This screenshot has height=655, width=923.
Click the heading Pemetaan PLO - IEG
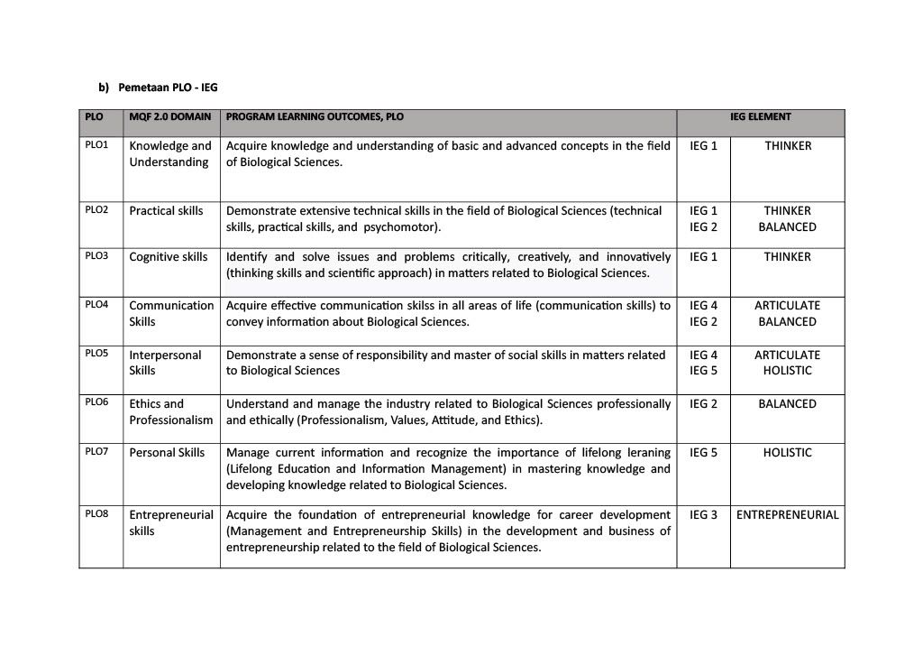[168, 88]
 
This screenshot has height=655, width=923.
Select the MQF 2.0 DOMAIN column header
[170, 116]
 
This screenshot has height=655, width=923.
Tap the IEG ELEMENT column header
[761, 116]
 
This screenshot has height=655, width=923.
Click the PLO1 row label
[96, 144]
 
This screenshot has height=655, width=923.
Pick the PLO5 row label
[96, 353]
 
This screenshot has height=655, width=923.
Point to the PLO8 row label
[96, 513]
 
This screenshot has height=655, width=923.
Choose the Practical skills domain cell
[166, 210]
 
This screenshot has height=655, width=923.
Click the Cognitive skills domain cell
[168, 256]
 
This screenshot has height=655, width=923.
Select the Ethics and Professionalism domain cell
[170, 411]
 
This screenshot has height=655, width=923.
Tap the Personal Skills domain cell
[167, 452]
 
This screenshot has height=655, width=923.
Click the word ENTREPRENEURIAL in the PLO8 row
[787, 514]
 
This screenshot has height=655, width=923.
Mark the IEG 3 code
[703, 514]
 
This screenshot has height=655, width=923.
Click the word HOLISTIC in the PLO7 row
[787, 452]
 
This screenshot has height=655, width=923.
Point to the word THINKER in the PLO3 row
[787, 256]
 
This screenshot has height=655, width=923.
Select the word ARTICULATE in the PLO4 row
[787, 305]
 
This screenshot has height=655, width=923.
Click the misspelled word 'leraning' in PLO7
[647, 452]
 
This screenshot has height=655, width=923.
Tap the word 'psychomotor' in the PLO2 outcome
[402, 226]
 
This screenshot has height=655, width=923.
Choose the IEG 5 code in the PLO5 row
[703, 370]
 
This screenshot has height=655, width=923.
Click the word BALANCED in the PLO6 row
[787, 403]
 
